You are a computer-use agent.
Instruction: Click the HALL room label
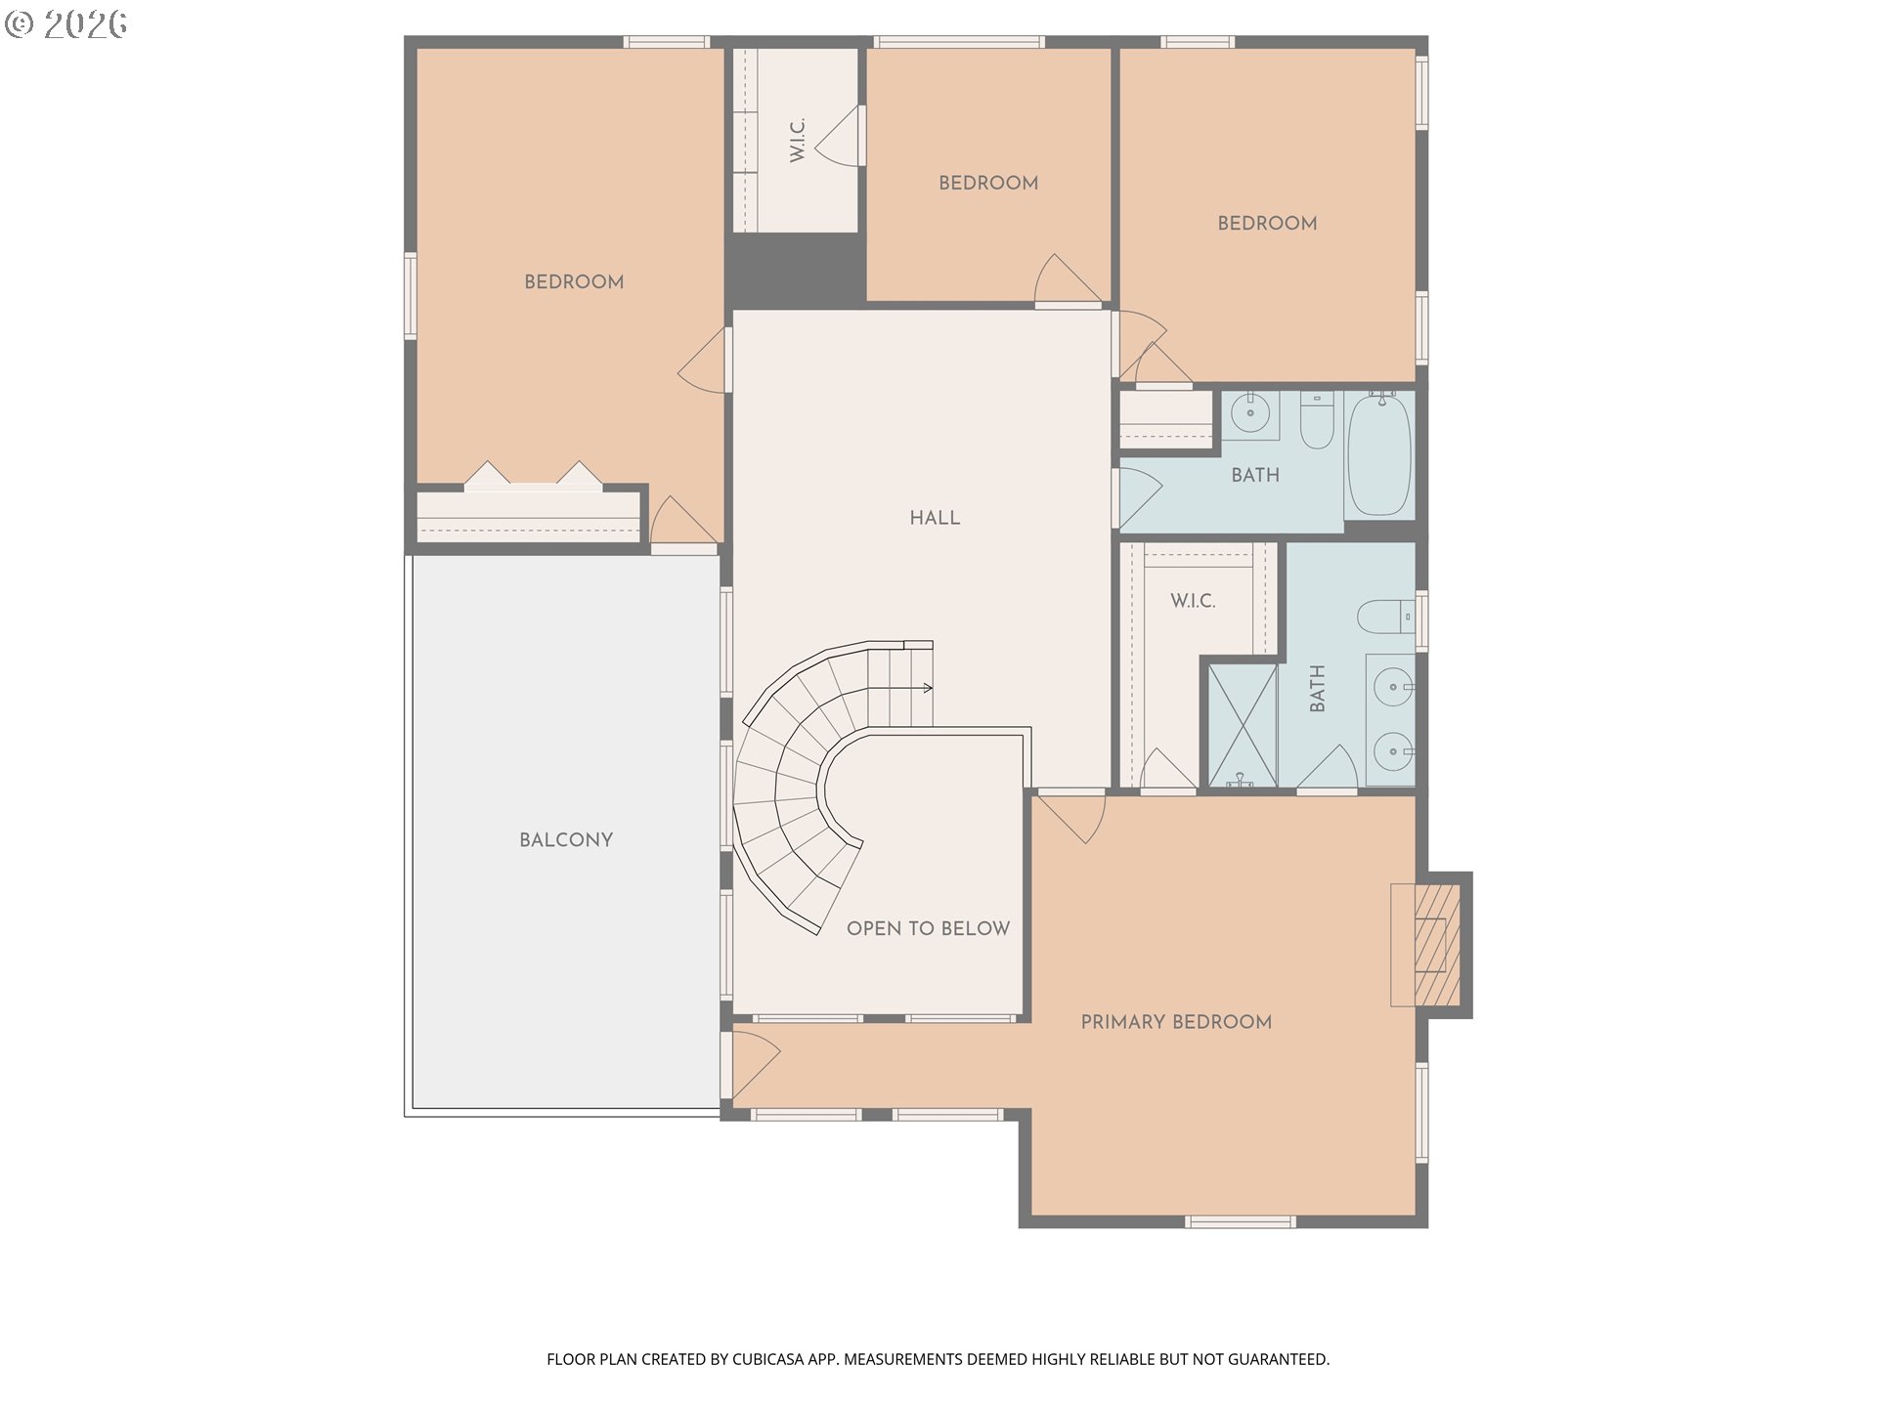[935, 518]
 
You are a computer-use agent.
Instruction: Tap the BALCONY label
[566, 840]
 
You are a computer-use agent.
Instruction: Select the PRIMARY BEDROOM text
[1176, 1022]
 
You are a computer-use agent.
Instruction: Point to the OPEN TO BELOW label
[928, 928]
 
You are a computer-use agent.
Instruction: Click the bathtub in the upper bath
[1379, 454]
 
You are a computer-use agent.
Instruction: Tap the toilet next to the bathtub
[1317, 420]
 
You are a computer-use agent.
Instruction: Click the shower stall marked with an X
[1243, 725]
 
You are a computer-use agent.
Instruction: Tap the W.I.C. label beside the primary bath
[1193, 601]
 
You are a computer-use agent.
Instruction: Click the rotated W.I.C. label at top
[797, 141]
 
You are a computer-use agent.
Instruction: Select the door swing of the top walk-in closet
[840, 136]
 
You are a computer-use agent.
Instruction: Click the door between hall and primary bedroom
[1070, 817]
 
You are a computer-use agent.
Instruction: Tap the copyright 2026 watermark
[65, 23]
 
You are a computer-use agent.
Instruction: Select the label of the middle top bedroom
[988, 183]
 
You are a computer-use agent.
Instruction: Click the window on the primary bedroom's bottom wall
[1241, 1221]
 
